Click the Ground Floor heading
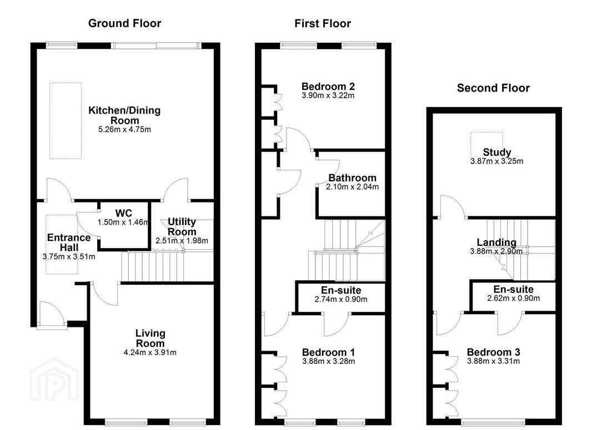tap(124, 23)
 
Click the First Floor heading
tap(323, 23)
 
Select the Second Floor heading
tap(494, 88)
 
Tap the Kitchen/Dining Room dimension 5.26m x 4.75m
tap(124, 129)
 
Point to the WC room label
tap(124, 213)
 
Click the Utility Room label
tap(182, 226)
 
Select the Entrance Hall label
tap(69, 242)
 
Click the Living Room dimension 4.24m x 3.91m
tap(150, 353)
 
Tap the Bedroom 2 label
tap(328, 87)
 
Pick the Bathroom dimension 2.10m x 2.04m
tap(352, 187)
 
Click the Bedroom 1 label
tap(328, 352)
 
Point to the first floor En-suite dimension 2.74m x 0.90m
tap(341, 300)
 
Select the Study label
tap(497, 153)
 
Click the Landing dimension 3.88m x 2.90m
tap(496, 251)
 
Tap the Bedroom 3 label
tap(494, 352)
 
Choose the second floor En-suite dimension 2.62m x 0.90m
tap(514, 299)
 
